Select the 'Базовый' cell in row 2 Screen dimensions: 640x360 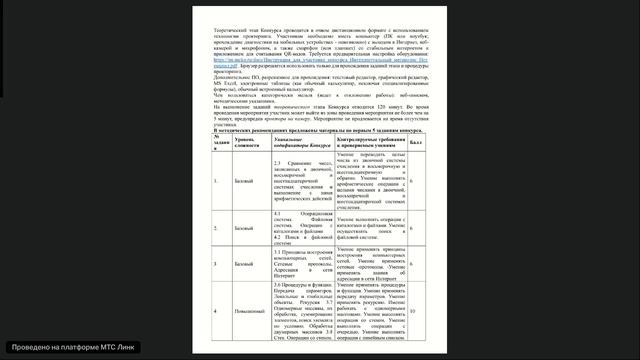[245, 229]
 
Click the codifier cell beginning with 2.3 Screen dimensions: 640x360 [302, 181]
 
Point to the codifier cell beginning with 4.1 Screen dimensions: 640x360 [302, 229]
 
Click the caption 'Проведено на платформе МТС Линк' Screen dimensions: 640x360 [70, 346]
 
